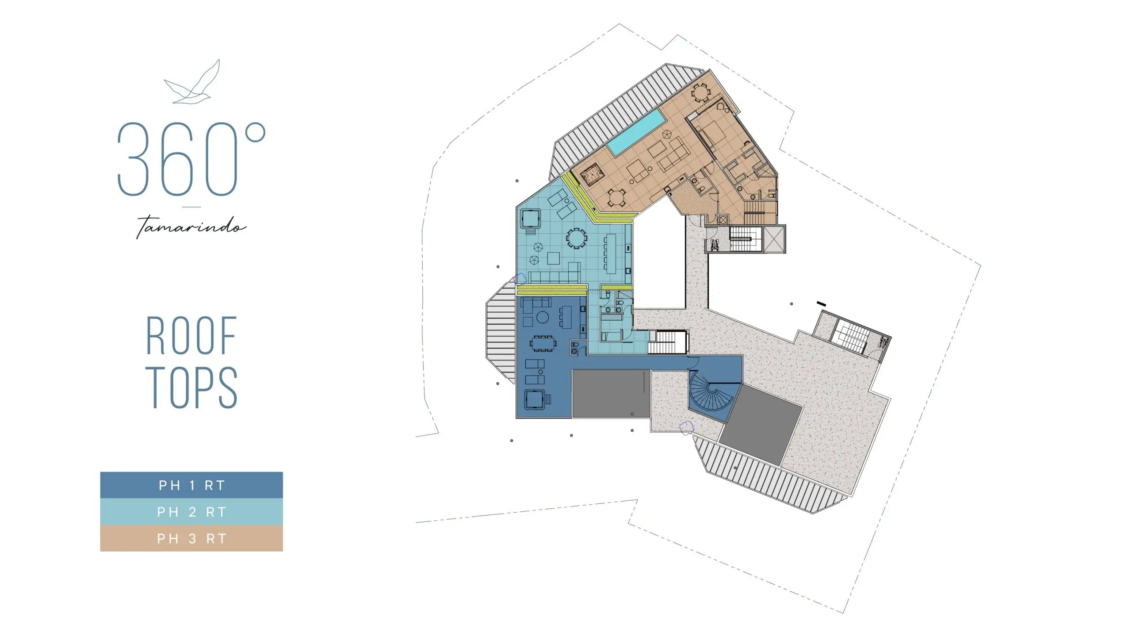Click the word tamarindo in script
point(191,226)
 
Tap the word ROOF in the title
point(191,335)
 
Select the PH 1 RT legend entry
point(191,485)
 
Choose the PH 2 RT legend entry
point(191,512)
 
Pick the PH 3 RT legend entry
point(191,538)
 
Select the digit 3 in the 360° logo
point(133,159)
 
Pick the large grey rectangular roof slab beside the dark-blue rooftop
point(611,394)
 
